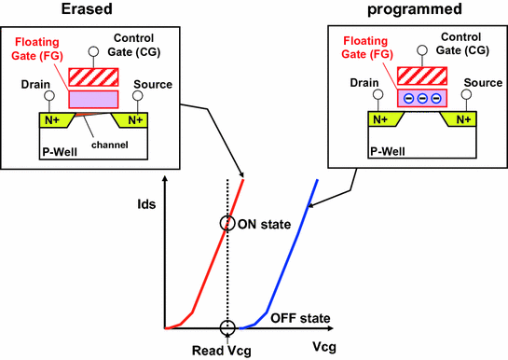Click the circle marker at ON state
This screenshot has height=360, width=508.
[227, 223]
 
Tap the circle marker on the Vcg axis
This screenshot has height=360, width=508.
[227, 328]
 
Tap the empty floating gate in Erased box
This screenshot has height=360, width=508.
[90, 96]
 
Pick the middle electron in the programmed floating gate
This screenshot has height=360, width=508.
[423, 98]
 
